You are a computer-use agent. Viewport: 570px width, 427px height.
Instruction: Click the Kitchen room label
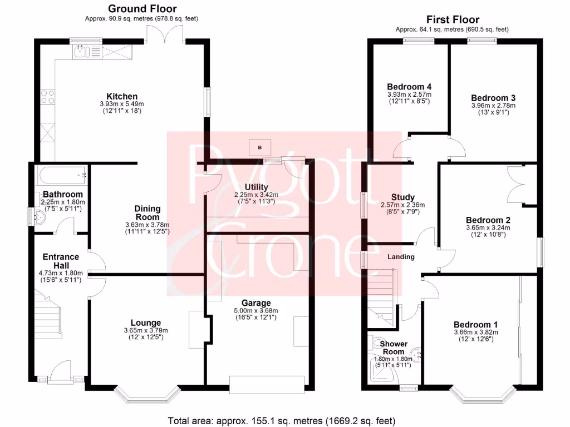[122, 96]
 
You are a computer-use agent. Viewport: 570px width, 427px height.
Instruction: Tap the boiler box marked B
[259, 147]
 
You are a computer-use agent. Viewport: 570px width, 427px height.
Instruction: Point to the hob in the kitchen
[46, 98]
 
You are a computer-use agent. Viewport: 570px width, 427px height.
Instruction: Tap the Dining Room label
[147, 213]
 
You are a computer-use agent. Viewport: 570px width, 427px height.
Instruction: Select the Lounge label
[146, 322]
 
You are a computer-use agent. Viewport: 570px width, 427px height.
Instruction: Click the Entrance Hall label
[61, 261]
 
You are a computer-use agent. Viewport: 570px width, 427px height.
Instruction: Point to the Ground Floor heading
[142, 8]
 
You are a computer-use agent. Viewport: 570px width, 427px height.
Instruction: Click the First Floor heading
[452, 19]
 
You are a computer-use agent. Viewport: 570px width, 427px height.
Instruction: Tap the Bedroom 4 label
[409, 87]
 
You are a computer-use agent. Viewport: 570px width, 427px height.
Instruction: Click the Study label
[402, 197]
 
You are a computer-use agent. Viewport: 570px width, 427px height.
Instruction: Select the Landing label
[401, 257]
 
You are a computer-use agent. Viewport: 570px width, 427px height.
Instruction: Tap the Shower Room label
[392, 347]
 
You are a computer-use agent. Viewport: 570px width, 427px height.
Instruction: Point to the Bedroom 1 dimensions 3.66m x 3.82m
[475, 332]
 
